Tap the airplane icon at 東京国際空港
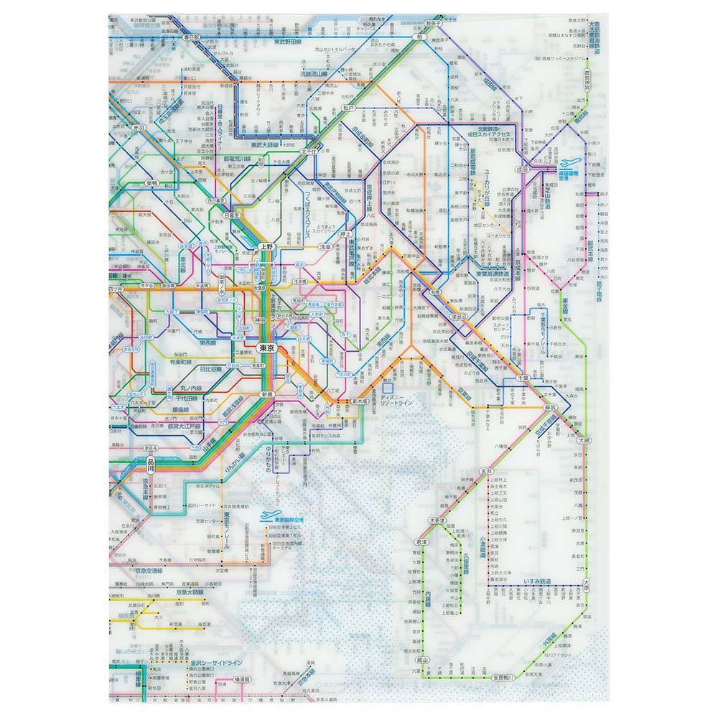click(x=268, y=516)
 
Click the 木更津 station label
click(x=436, y=520)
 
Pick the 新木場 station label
click(x=361, y=401)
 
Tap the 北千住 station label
click(x=309, y=152)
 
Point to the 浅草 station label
click(x=325, y=246)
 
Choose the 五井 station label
click(x=487, y=471)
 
